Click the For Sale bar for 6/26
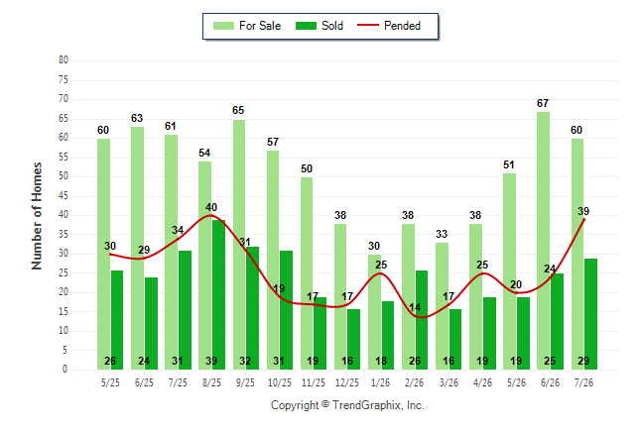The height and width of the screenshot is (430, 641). [544, 241]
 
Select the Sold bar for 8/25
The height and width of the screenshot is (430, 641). [218, 295]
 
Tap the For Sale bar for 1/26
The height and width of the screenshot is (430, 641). [374, 312]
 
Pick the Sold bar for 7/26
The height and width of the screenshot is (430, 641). [590, 314]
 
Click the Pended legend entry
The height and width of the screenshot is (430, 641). [389, 26]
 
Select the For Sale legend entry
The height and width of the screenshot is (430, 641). [247, 26]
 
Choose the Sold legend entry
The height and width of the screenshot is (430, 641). [320, 26]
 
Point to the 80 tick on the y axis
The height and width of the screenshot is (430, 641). [64, 60]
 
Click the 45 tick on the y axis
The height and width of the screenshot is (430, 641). [64, 196]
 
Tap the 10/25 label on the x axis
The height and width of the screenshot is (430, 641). [280, 382]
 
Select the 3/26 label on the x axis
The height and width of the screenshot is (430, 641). [449, 382]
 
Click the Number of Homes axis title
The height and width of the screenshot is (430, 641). [37, 216]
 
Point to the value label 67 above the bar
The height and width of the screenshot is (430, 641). [543, 103]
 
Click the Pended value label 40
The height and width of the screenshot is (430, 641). [211, 207]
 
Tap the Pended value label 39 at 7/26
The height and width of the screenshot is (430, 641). [583, 211]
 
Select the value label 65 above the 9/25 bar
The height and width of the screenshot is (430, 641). [238, 110]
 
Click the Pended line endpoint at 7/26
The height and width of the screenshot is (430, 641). [583, 220]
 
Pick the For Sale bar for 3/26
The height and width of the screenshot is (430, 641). [442, 306]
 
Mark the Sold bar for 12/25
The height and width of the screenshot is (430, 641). [353, 340]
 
